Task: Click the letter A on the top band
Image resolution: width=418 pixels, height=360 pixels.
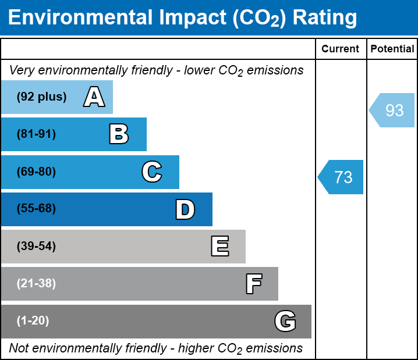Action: [x=94, y=97]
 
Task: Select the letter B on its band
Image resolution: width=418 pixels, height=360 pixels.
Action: [x=119, y=134]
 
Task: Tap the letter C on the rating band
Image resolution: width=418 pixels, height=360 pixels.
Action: [x=152, y=172]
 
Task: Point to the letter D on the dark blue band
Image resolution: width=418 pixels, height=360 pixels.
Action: [x=185, y=209]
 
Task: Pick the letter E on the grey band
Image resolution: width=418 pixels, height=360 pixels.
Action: [x=219, y=247]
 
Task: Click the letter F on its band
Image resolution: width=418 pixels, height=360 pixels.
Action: [x=253, y=284]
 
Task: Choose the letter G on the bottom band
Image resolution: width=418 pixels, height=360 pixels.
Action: [x=285, y=321]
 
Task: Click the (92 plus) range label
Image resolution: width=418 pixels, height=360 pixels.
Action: [x=41, y=97]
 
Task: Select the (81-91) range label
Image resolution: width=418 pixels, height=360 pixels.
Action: [x=36, y=134]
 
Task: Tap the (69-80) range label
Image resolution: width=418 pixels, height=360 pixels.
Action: [x=36, y=172]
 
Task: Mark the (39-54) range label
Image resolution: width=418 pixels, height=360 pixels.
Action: [x=36, y=247]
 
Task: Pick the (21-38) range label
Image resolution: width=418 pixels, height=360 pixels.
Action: [x=36, y=284]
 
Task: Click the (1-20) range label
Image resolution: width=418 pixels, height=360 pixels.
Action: [x=33, y=321]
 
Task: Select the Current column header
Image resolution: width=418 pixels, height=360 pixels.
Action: [x=341, y=49]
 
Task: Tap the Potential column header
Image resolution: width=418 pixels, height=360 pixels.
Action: [x=392, y=49]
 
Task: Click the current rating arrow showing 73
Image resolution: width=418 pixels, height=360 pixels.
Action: [x=341, y=177]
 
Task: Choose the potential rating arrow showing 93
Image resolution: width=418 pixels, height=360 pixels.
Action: [x=392, y=110]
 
